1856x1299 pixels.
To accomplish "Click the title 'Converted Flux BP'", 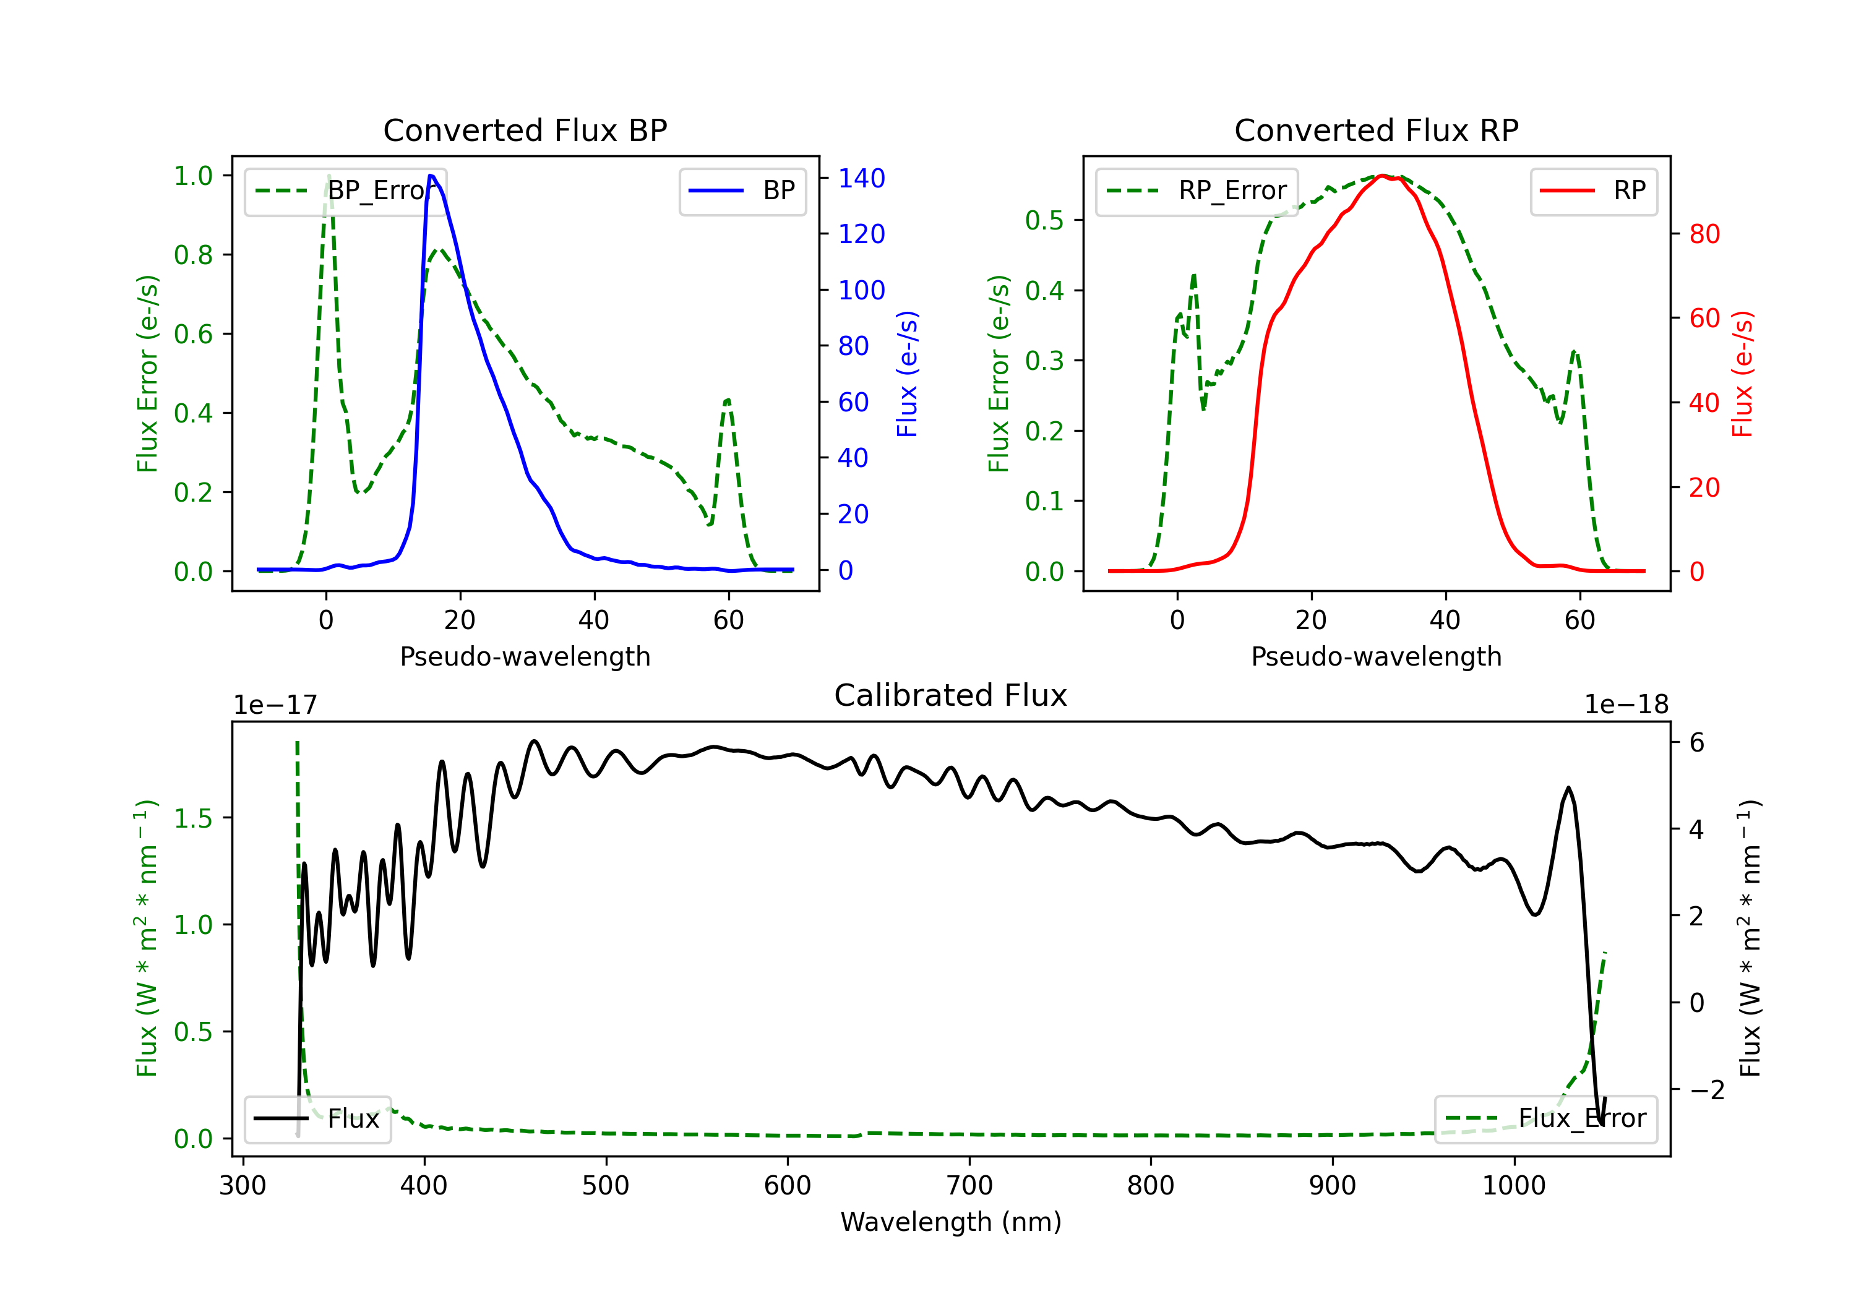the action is coord(525,130).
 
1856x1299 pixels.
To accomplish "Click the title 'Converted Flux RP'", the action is coord(1377,130).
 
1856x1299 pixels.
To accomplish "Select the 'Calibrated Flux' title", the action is coord(951,695).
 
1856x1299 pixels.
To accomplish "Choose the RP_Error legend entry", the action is coord(1197,191).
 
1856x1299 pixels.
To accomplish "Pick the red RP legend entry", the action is coord(1593,191).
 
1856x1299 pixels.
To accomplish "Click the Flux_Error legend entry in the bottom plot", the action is coord(1545,1119).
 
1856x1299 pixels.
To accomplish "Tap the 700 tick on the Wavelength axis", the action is coord(969,1186).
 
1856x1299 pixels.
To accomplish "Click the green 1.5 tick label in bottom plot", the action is coord(193,818).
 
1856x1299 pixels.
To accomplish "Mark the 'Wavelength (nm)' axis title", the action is coord(951,1222).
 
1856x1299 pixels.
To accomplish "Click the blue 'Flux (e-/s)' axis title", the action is coord(907,374).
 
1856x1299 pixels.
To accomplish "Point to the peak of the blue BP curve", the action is coord(431,176).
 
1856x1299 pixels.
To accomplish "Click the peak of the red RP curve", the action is coord(1382,176).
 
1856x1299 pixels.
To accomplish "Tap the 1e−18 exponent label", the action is coord(1626,705).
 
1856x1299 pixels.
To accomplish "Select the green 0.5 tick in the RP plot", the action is coord(1044,220).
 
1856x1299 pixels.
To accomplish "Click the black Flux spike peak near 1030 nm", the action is coord(1568,787).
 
